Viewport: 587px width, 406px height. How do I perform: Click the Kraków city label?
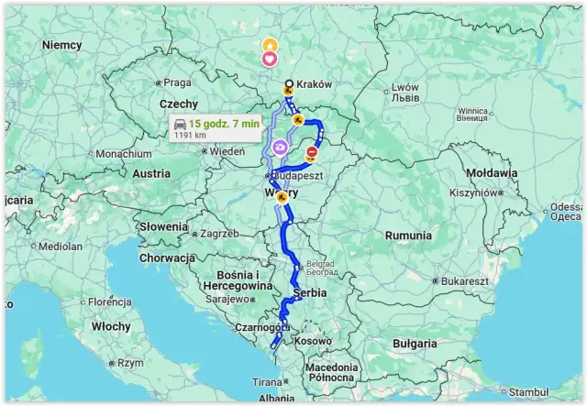coord(314,83)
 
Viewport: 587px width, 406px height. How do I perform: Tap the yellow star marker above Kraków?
coord(270,45)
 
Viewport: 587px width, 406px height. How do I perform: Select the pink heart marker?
coord(270,60)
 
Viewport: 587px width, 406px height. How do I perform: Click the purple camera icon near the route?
coord(279,146)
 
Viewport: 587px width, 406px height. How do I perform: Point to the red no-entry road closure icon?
coord(312,153)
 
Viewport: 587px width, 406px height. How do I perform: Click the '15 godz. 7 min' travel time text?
coord(225,124)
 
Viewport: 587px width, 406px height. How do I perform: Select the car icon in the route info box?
coord(181,124)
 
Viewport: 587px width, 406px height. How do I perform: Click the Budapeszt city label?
coord(294,175)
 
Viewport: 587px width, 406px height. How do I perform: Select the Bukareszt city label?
coord(464,280)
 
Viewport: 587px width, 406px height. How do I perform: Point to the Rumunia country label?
coord(408,236)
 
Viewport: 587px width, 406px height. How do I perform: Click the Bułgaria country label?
coord(415,344)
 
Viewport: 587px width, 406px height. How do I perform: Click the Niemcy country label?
coord(61,45)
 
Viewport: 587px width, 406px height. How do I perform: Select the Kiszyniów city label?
coord(472,193)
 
